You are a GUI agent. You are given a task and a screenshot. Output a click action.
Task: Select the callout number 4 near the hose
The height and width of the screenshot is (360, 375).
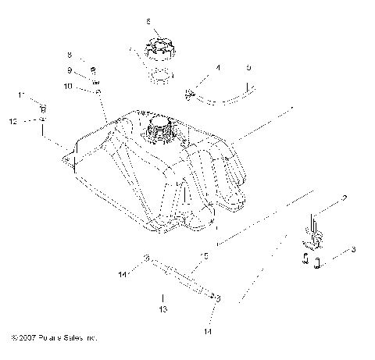218,69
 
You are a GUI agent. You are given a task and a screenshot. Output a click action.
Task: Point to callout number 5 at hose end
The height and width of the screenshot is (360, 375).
248,68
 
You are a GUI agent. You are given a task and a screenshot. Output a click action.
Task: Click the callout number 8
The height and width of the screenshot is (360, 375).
69,55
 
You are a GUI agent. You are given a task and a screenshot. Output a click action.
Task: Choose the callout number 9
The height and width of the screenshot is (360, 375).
69,70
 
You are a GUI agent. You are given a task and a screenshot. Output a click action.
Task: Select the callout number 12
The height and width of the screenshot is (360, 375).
12,121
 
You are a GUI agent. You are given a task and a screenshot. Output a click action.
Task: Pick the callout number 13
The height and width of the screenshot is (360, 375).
162,308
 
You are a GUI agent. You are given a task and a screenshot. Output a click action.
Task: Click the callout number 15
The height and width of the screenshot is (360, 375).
205,255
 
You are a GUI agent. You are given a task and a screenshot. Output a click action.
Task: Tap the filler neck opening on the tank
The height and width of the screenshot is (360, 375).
160,125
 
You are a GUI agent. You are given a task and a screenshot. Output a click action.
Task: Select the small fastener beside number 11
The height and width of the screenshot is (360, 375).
44,107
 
